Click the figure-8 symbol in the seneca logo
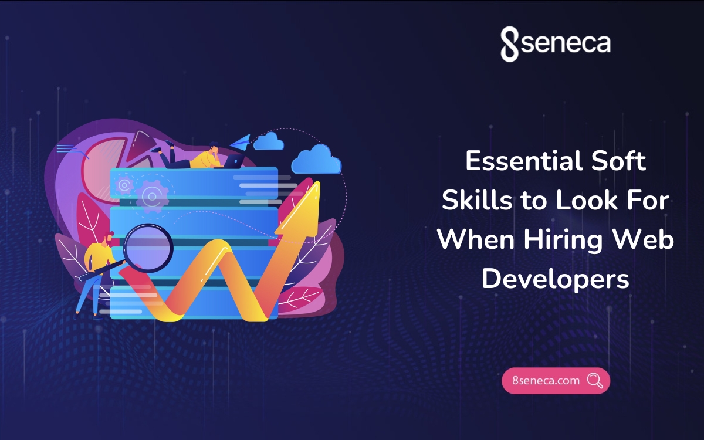coord(509,44)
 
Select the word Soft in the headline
coord(618,161)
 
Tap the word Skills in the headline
coord(477,200)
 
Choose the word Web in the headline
coord(644,239)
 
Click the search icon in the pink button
coord(595,381)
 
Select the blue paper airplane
coord(241,142)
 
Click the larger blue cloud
coord(316,160)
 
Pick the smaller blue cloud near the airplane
coord(269,141)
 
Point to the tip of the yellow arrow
coord(318,182)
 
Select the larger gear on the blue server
coord(152,197)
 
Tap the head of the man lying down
coord(214,147)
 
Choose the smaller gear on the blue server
coord(124,185)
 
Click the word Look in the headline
coord(587,200)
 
